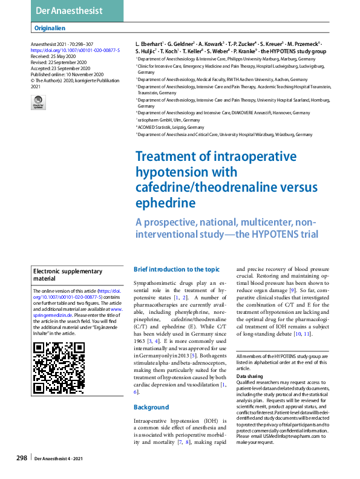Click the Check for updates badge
(x=38, y=103)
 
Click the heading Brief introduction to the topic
(x=177, y=269)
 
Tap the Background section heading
(x=151, y=407)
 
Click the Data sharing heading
(x=249, y=376)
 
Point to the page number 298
(x=22, y=458)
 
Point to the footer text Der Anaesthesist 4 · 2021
(x=62, y=459)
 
